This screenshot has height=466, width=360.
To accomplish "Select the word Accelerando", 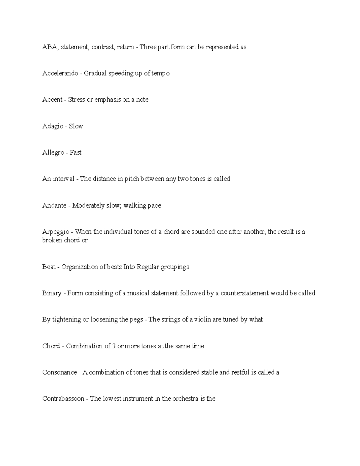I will coord(60,74).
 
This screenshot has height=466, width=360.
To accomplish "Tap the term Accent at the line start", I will coord(52,100).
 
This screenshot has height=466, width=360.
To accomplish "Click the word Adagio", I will coord(52,126).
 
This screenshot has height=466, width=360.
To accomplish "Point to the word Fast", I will coord(76,153).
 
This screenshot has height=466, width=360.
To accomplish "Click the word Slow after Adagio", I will coord(76,126).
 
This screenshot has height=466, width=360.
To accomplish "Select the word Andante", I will coord(54,206).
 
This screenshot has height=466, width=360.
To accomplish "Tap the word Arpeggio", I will coord(56,232).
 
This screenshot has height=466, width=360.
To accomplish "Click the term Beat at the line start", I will coord(49,267).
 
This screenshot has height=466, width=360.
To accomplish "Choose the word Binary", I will coord(52,293).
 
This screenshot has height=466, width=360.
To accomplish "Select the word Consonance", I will coord(59,372).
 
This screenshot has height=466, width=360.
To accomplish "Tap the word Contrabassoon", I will coord(63,399).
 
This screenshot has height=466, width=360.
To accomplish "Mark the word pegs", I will coord(136,320).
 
